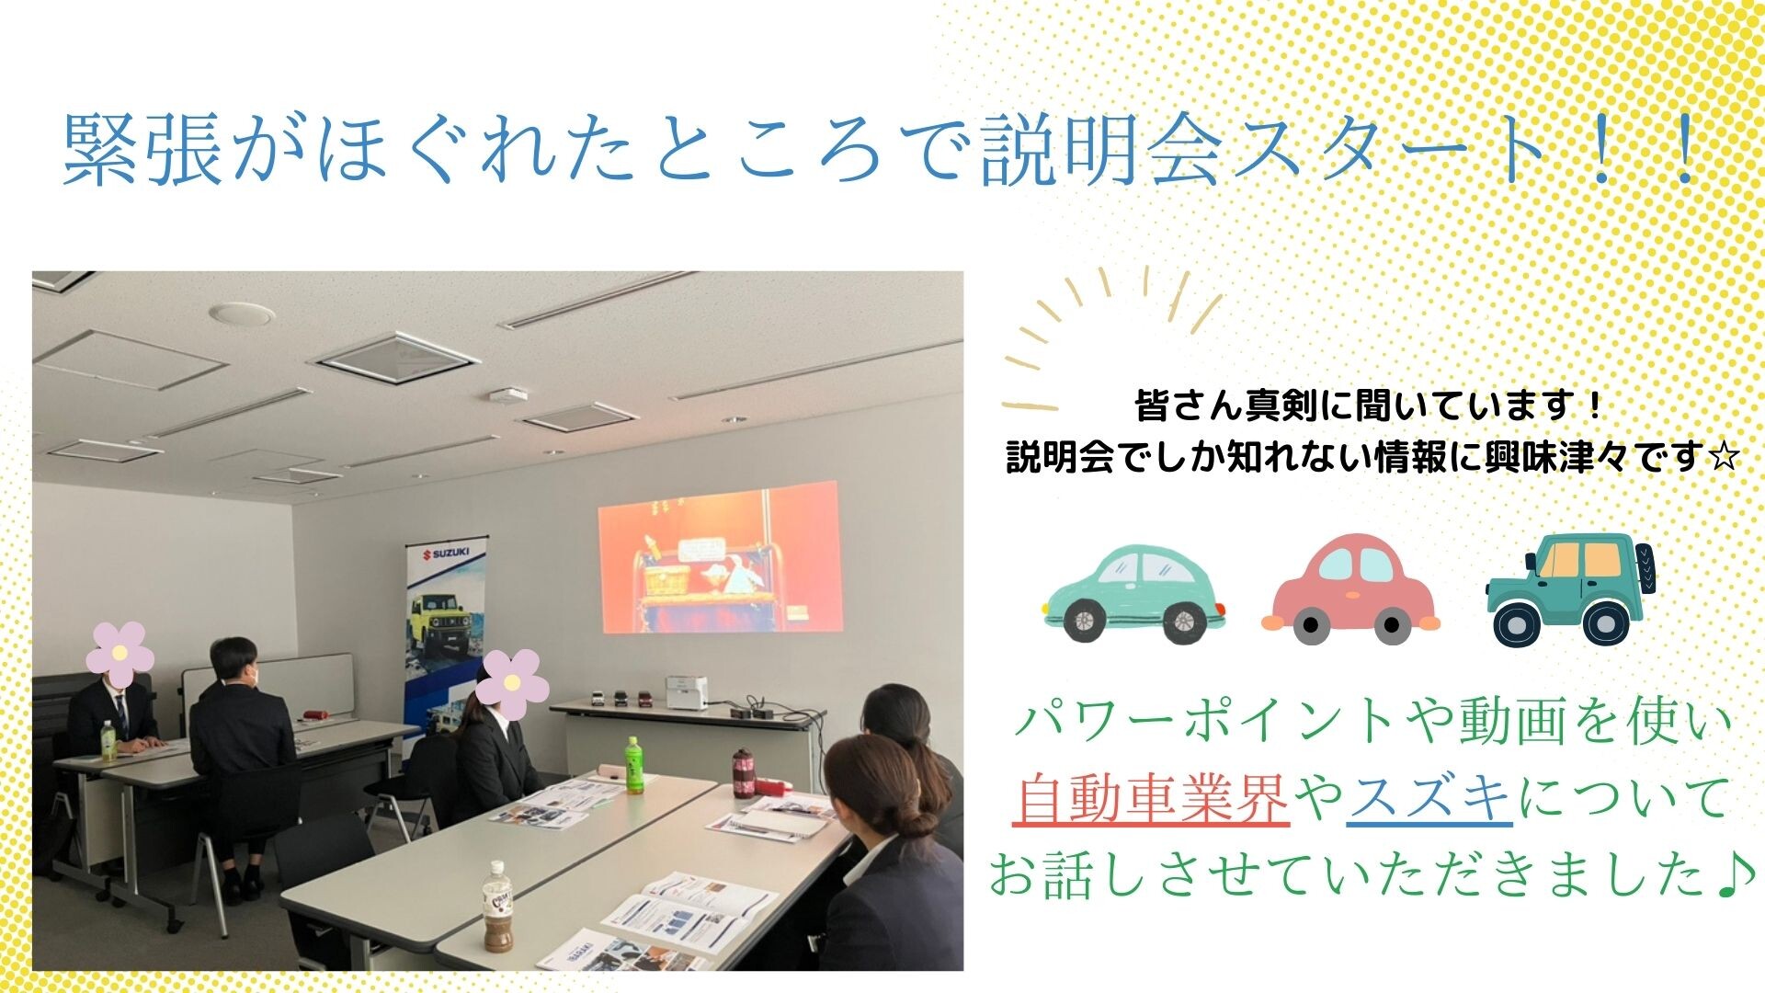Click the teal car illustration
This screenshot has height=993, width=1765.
(x=1134, y=592)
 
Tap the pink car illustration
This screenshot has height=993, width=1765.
(x=1351, y=588)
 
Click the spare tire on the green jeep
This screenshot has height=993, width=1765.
(x=1642, y=567)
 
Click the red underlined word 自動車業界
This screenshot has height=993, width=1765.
(x=1152, y=798)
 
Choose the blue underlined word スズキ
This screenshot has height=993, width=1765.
(x=1430, y=798)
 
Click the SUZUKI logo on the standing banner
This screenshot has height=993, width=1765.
(x=445, y=553)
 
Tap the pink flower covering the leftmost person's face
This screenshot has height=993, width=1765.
(x=120, y=654)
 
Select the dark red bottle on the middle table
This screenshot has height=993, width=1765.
(x=743, y=773)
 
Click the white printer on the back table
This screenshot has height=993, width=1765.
(x=687, y=693)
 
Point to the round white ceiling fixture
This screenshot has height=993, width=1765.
(x=242, y=314)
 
